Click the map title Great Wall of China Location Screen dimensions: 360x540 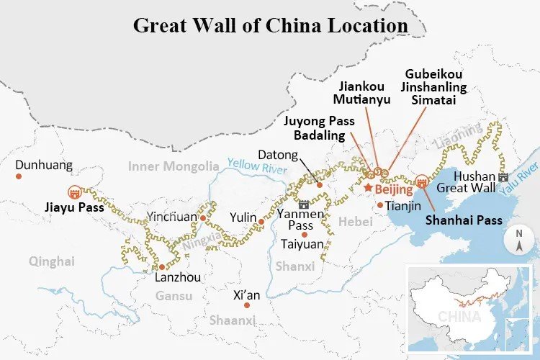click(x=270, y=25)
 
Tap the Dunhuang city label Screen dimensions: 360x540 click(x=44, y=165)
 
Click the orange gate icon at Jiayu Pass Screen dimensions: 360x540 click(x=73, y=192)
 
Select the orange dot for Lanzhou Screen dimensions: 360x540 click(x=162, y=266)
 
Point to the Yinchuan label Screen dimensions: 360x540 click(x=171, y=216)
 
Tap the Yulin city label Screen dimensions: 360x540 click(x=242, y=217)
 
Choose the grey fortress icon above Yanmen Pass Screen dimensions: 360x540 click(x=304, y=204)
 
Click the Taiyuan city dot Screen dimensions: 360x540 click(x=305, y=234)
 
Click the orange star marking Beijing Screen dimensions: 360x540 click(x=367, y=188)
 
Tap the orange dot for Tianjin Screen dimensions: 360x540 click(x=380, y=205)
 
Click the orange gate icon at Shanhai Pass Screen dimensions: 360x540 click(x=421, y=181)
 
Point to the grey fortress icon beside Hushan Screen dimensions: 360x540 click(x=503, y=176)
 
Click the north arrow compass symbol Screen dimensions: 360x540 click(x=518, y=240)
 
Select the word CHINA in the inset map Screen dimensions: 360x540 click(x=459, y=316)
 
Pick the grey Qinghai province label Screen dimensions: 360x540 click(x=52, y=261)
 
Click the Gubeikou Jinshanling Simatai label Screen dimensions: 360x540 click(x=434, y=87)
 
